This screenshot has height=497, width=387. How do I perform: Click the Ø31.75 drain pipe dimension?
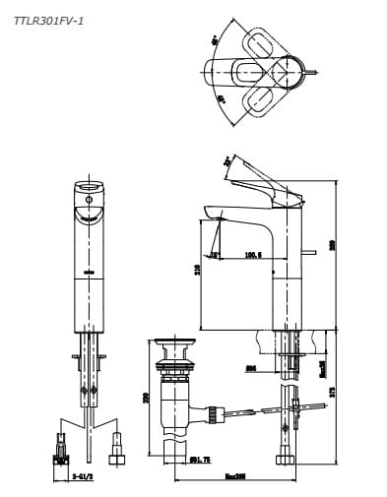[x=200, y=459]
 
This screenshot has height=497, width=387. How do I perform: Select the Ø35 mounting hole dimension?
[x=250, y=369]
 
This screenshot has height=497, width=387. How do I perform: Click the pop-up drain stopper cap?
[x=176, y=344]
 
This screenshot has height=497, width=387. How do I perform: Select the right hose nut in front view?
[x=120, y=456]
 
